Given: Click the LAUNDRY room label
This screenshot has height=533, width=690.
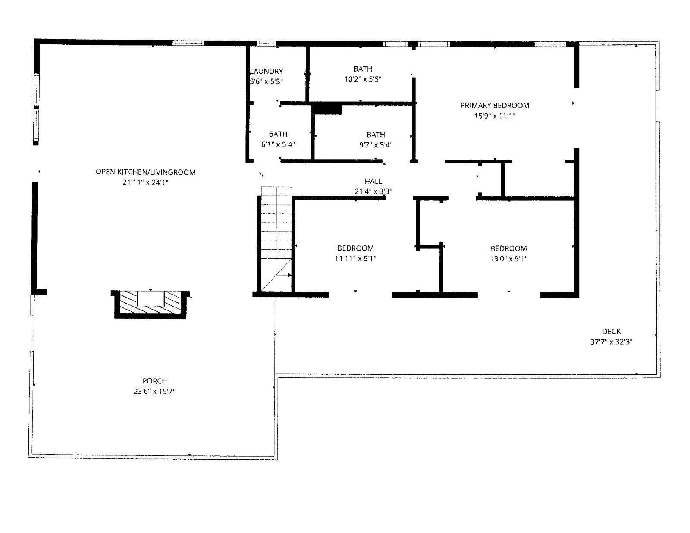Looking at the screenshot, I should pyautogui.click(x=267, y=71).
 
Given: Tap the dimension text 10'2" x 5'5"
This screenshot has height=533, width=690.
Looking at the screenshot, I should pyautogui.click(x=363, y=79).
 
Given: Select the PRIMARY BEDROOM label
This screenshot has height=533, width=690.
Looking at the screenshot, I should pyautogui.click(x=494, y=105).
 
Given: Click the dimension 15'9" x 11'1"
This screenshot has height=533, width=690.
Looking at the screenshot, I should pyautogui.click(x=494, y=116).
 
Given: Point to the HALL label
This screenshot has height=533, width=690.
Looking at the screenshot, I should pyautogui.click(x=373, y=181).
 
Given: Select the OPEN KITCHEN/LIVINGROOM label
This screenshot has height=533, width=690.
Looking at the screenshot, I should pyautogui.click(x=145, y=172).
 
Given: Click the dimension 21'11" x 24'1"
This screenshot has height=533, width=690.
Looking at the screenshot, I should pyautogui.click(x=145, y=182).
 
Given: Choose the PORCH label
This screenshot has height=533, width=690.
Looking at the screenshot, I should pyautogui.click(x=154, y=381).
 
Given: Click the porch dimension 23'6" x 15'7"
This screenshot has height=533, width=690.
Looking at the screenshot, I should pyautogui.click(x=154, y=392).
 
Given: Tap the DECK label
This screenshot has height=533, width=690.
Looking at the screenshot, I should pyautogui.click(x=611, y=331).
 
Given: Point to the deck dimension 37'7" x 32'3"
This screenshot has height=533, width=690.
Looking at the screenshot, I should pyautogui.click(x=611, y=342).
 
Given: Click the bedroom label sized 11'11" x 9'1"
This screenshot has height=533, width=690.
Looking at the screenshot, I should pyautogui.click(x=355, y=248).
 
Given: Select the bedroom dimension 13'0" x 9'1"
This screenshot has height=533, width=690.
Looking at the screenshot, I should pyautogui.click(x=508, y=259).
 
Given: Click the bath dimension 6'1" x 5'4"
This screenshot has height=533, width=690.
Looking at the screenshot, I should pyautogui.click(x=278, y=145).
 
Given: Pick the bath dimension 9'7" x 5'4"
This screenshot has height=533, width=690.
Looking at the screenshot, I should pyautogui.click(x=376, y=145).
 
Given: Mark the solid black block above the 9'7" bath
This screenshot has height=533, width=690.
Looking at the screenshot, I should pyautogui.click(x=328, y=109).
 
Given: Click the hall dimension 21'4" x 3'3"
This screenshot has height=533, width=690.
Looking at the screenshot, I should pyautogui.click(x=373, y=191).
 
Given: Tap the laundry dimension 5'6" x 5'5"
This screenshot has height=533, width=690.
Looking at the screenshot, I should pyautogui.click(x=266, y=82).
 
